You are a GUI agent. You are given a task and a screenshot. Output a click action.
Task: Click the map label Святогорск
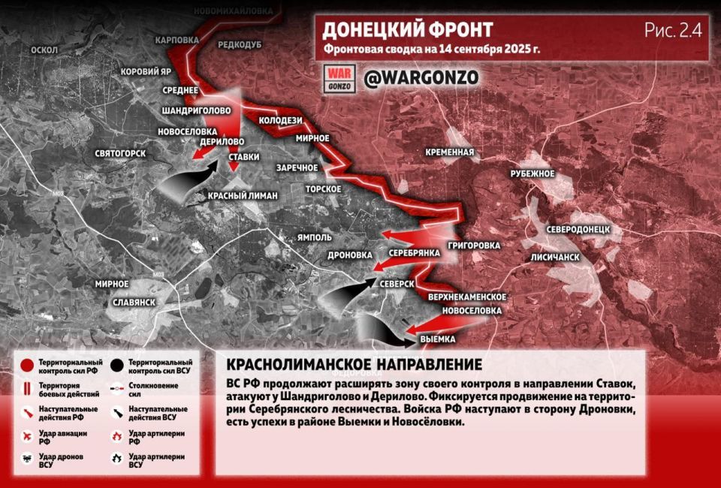119,153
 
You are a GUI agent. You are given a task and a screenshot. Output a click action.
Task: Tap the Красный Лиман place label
243,195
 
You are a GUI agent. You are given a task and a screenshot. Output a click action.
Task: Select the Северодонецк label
578,228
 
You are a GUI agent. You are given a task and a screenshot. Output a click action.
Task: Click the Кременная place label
449,152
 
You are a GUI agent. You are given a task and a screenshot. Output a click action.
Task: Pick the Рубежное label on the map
532,174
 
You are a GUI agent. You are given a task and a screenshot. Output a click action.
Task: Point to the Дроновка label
350,255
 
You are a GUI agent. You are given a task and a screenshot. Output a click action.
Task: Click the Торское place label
324,188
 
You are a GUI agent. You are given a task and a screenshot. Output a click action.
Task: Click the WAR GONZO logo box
338,78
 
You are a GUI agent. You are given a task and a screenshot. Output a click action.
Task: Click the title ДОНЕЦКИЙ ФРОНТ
408,30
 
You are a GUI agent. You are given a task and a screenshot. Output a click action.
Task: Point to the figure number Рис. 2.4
672,30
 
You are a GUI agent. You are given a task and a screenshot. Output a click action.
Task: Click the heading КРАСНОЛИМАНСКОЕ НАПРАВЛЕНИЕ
354,365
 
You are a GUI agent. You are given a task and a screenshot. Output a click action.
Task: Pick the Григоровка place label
473,246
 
